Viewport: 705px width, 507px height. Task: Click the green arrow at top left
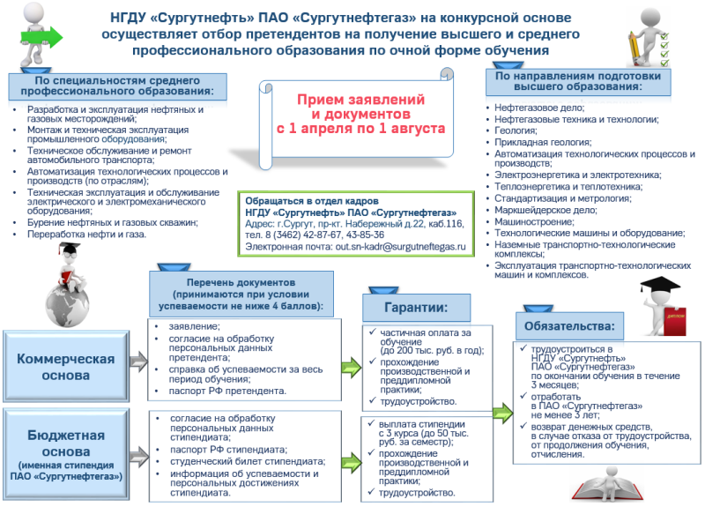click(x=45, y=36)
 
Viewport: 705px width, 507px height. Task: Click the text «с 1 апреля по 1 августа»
click(x=360, y=128)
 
